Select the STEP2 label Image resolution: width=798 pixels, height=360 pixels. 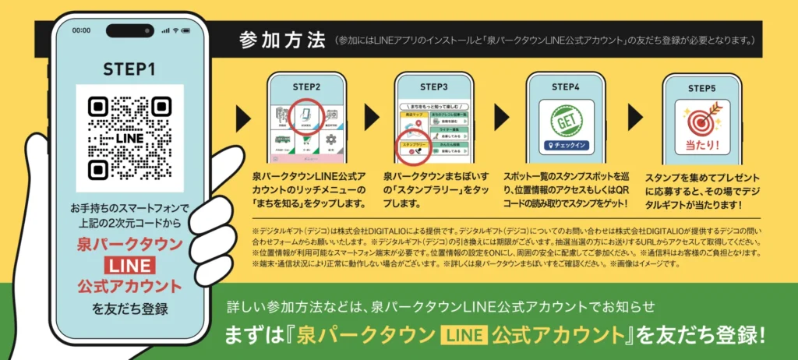pos(306,86)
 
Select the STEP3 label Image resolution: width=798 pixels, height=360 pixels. pos(433,86)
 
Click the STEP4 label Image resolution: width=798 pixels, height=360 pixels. pos(566,86)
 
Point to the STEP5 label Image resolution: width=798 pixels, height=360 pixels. pos(701,86)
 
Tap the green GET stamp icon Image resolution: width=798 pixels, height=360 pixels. pos(567,119)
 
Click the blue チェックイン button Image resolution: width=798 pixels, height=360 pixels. pos(567,146)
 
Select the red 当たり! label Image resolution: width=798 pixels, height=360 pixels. pos(701,146)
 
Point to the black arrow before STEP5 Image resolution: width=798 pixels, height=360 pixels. pos(636,118)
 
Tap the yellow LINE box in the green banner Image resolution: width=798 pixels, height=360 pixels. pos(464,336)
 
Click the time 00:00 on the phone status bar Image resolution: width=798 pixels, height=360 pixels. pos(81,30)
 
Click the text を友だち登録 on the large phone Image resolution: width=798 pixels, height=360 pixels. pos(129,309)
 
